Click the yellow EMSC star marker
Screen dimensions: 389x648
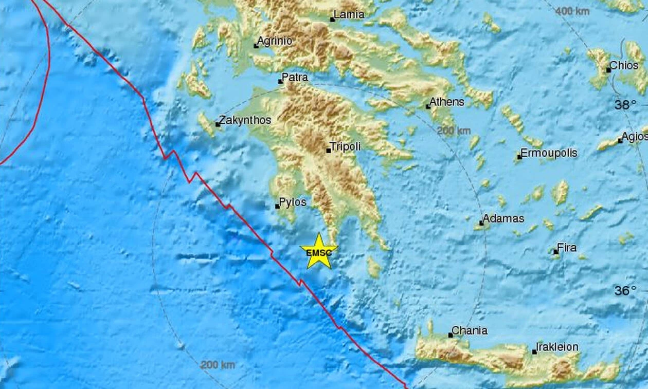point(319,251)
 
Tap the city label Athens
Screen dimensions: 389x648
point(446,102)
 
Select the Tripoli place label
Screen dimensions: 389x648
point(345,146)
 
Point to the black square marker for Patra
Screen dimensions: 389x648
point(280,81)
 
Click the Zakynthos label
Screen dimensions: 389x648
point(245,120)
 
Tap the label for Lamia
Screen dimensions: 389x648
point(349,14)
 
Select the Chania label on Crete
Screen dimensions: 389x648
point(469,330)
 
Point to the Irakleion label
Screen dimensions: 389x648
point(557,347)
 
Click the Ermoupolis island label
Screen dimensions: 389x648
point(549,153)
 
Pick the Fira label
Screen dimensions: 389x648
point(567,248)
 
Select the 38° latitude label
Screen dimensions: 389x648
point(626,105)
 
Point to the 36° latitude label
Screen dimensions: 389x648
point(626,291)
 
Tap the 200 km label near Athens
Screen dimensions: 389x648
point(454,131)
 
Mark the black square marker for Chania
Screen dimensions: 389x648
point(451,335)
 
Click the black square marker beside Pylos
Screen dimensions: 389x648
point(277,207)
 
